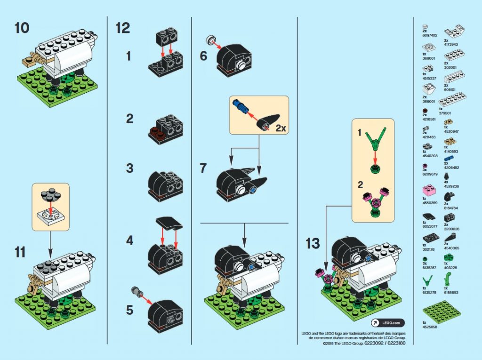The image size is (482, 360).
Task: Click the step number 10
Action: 22,28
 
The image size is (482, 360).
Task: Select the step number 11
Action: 20,252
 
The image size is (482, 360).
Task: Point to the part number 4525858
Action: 429,326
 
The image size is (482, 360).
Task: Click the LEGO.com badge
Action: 387,322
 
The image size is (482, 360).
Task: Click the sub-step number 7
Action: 203,168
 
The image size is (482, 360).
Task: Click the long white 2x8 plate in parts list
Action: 452,100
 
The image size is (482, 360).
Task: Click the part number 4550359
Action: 429,203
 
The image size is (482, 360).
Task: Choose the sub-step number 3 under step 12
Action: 129,168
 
